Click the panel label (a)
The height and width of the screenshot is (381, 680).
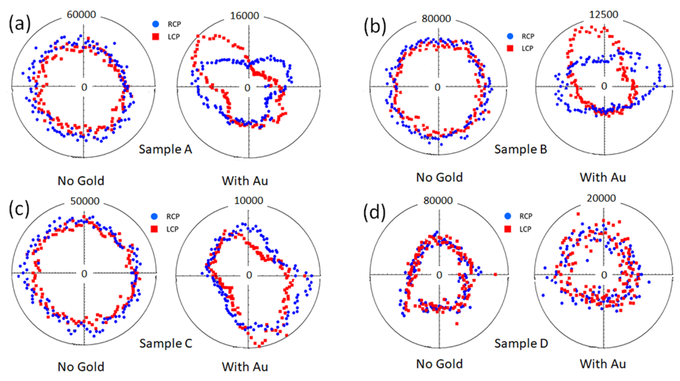pyautogui.click(x=20, y=24)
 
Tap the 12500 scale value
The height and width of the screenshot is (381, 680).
pyautogui.click(x=604, y=14)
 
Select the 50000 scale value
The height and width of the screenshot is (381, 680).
pyautogui.click(x=85, y=201)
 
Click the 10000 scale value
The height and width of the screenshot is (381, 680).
pyautogui.click(x=249, y=201)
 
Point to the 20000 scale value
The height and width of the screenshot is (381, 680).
pyautogui.click(x=601, y=198)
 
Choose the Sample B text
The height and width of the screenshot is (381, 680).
pyautogui.click(x=521, y=149)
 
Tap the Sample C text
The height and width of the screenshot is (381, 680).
pyautogui.click(x=166, y=343)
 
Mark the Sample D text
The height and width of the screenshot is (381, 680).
pyautogui.click(x=521, y=343)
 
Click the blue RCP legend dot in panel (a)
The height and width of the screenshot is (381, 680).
pyautogui.click(x=156, y=24)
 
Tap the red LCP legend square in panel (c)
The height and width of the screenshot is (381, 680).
pyautogui.click(x=154, y=229)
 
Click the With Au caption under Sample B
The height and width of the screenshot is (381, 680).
pyautogui.click(x=603, y=177)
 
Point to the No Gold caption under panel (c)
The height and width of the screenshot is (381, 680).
pyautogui.click(x=81, y=367)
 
